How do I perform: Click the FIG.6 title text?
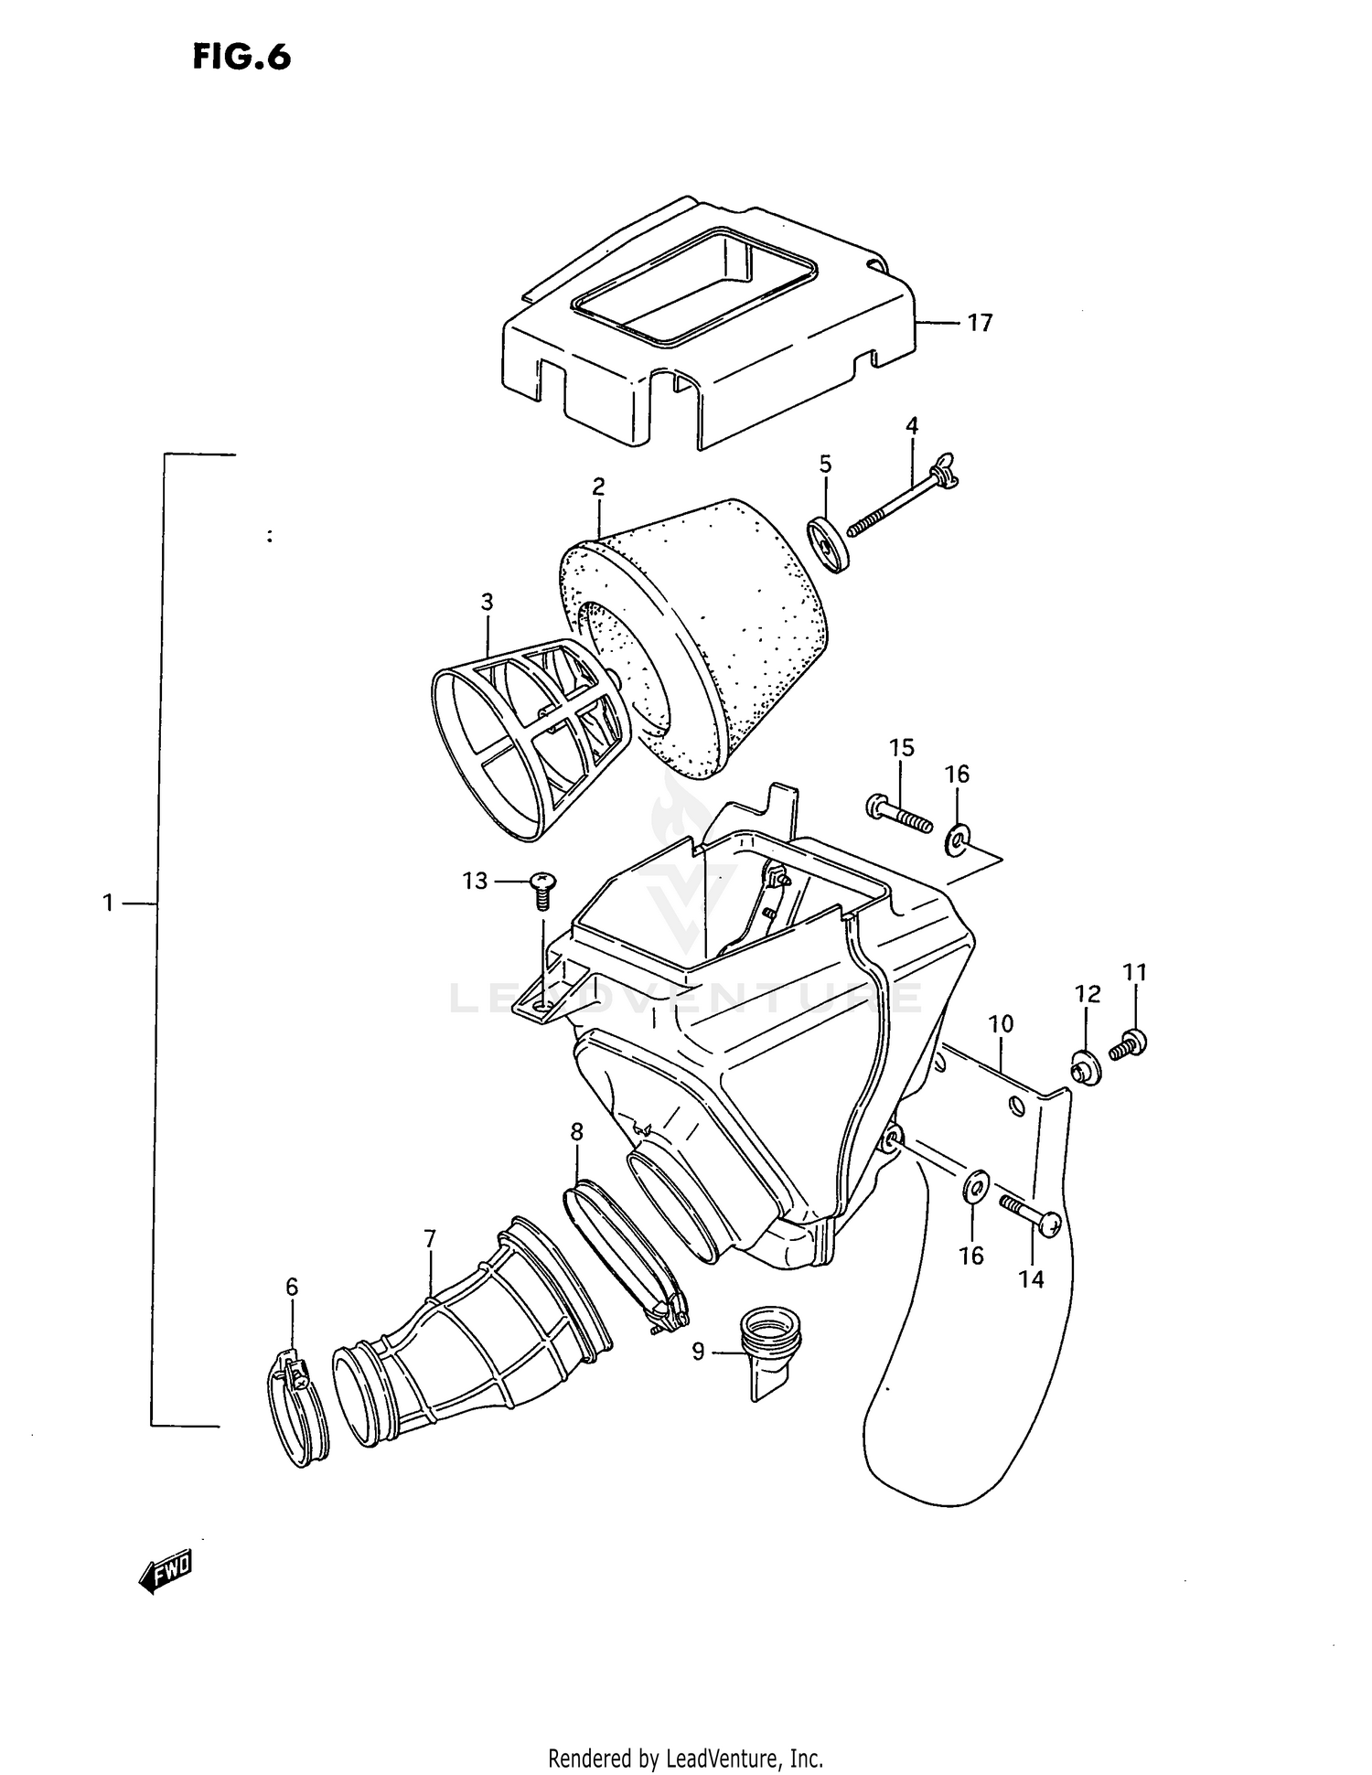[x=241, y=57]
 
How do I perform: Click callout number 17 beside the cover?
[x=979, y=323]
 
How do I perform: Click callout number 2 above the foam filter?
[x=598, y=487]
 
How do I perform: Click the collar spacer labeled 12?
[x=1086, y=1068]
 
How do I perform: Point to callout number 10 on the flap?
[x=1002, y=1024]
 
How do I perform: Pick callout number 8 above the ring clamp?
[x=576, y=1132]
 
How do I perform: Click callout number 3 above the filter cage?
[x=487, y=602]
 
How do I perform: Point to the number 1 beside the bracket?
[x=108, y=903]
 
